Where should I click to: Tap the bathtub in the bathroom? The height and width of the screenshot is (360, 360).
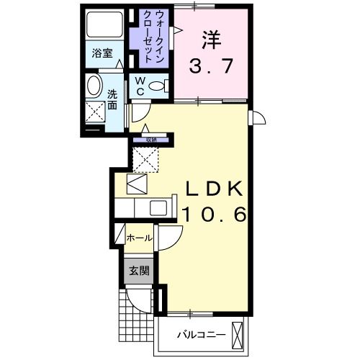(102, 25)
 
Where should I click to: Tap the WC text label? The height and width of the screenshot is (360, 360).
(139, 86)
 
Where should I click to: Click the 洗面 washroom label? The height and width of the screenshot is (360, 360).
(112, 100)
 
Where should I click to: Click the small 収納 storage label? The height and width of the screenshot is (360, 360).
(150, 140)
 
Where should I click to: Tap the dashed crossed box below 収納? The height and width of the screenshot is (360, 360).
(146, 158)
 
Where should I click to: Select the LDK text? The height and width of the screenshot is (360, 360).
(215, 189)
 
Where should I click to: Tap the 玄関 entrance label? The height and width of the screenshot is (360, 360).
(139, 271)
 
